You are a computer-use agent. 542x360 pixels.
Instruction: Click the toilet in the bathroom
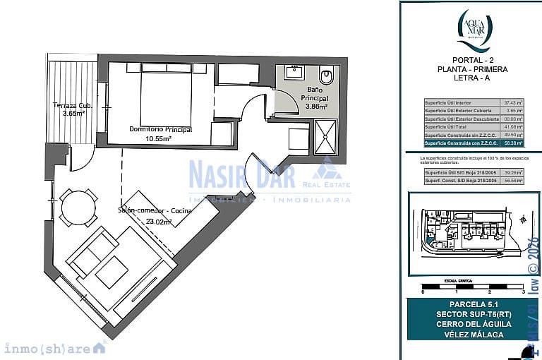coord(326,75)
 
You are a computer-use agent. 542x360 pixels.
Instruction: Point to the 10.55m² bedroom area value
coord(159,139)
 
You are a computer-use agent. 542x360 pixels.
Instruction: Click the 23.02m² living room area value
coord(159,221)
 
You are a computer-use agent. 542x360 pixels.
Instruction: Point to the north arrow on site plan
coord(522,220)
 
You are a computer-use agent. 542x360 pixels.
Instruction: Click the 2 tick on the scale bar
coord(489,291)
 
